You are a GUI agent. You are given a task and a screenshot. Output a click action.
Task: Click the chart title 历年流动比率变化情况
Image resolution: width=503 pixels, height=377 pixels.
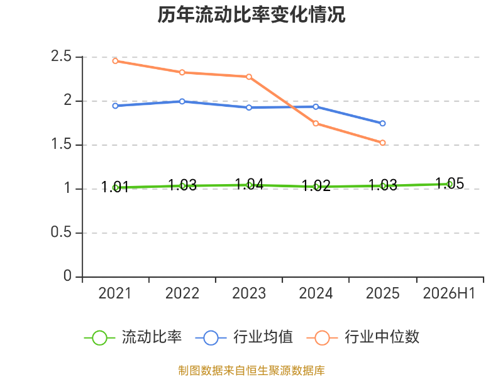[251, 14]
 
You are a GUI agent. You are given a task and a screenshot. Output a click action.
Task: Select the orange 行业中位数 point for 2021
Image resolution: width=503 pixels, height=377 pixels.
[115, 61]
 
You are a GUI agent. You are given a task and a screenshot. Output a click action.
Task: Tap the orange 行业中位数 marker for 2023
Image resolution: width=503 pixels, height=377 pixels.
[249, 77]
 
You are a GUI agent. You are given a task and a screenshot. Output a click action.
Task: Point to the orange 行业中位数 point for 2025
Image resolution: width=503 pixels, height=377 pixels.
[382, 143]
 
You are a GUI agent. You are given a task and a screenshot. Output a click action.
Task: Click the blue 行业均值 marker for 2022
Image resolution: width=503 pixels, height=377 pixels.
[182, 101]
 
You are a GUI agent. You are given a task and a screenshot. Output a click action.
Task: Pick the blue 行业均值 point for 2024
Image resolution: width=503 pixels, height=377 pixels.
[316, 107]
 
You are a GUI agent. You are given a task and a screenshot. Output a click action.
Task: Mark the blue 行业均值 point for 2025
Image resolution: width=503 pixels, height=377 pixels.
[382, 123]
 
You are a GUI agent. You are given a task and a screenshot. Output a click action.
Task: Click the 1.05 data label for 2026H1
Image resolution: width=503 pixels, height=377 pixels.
[450, 183]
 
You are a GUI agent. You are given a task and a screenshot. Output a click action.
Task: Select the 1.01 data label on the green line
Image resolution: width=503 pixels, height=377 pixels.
[115, 187]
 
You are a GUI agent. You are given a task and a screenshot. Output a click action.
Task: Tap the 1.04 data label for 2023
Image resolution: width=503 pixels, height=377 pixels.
[249, 184]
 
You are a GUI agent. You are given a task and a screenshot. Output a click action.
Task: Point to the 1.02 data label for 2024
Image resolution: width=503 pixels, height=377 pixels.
[316, 185]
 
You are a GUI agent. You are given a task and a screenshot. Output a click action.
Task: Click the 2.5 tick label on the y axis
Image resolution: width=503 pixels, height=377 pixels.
[61, 57]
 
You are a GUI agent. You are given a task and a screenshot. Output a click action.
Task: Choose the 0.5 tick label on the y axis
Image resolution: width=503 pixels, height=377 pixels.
[61, 232]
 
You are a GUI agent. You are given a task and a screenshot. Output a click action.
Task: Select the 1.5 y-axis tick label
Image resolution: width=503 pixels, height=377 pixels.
[61, 145]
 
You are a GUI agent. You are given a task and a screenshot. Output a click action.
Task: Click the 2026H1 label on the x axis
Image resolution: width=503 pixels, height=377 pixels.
[449, 293]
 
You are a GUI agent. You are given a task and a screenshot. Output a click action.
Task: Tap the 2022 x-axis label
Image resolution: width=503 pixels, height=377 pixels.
[182, 293]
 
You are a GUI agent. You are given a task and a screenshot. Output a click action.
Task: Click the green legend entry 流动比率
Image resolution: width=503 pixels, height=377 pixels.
[133, 337]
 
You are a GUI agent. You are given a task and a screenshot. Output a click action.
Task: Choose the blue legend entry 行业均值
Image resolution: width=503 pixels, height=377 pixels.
[244, 337]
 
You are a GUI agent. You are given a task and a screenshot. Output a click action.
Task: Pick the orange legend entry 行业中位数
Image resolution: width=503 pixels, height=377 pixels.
[363, 337]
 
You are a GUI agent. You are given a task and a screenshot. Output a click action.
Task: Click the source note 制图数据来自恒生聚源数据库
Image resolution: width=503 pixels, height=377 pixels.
[251, 371]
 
